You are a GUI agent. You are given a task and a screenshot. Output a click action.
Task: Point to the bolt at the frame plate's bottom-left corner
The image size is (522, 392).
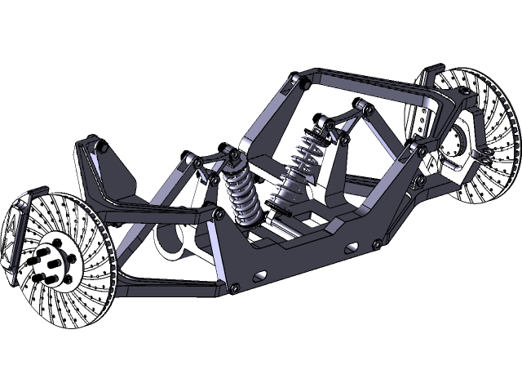point(235,287)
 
